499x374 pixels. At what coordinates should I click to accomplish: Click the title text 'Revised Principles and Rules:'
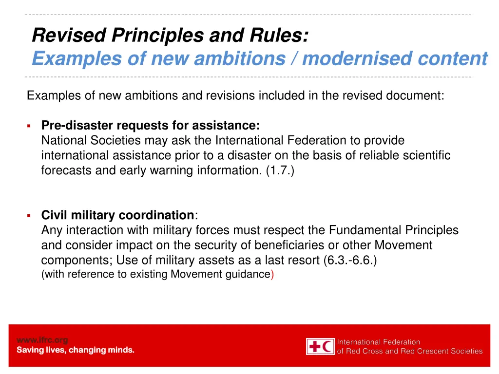click(170, 35)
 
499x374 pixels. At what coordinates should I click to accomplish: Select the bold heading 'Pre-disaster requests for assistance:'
click(151, 126)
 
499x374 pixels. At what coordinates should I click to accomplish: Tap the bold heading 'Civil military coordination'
click(117, 215)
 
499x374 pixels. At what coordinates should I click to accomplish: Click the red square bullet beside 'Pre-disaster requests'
click(29, 126)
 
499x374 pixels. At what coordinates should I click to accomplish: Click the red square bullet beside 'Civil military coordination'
click(29, 216)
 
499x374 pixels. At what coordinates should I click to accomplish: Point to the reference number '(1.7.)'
click(280, 171)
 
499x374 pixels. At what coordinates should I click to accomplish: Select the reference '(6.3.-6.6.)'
click(350, 260)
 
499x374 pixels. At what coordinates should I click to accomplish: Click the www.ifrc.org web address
click(42, 340)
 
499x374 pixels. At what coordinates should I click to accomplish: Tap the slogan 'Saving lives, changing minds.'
click(76, 350)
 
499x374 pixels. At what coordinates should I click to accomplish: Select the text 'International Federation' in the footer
click(379, 342)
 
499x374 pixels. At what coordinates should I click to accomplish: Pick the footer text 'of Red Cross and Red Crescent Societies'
click(410, 351)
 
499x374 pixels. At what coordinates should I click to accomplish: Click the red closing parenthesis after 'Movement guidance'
click(272, 274)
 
